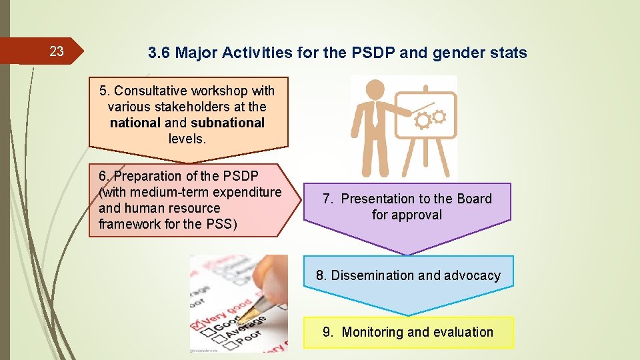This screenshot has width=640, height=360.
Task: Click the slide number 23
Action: click(57, 51)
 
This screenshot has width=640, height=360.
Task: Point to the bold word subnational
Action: click(227, 123)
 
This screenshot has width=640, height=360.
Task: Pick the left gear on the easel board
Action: click(423, 121)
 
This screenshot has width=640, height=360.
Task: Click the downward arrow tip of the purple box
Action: click(407, 253)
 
